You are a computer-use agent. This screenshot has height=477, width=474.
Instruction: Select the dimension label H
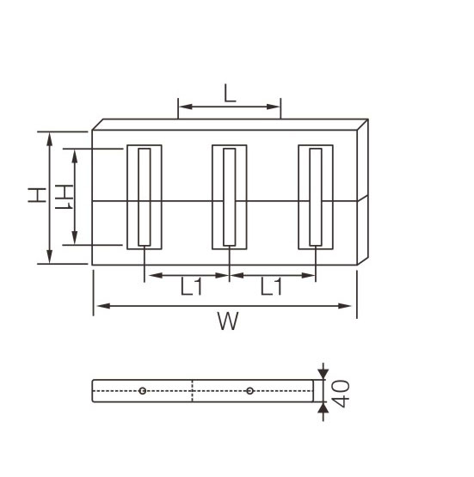point(35,197)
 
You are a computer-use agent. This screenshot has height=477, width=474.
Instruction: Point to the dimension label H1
point(62,197)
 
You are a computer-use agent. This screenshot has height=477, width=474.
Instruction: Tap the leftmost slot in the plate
point(144,197)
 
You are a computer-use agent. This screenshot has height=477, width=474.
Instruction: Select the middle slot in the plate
point(229,197)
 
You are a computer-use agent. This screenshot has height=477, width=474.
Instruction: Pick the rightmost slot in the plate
point(315,197)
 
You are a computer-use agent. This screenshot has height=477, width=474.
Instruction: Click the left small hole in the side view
point(142,391)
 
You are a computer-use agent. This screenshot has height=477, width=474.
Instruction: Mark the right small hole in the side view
point(249,391)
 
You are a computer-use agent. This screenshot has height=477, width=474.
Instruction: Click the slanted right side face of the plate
point(362,193)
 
